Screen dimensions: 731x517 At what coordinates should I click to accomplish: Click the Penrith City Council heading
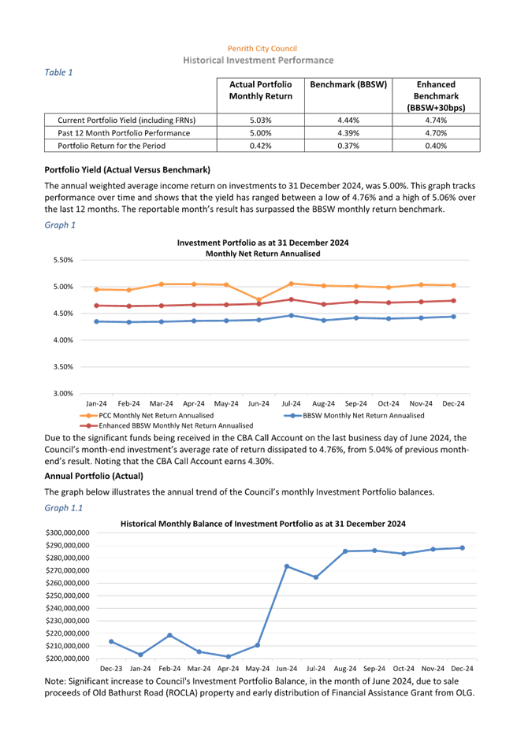pos(262,49)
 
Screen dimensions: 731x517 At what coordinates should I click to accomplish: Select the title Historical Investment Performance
pos(258,60)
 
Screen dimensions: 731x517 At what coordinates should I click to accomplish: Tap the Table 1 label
pos(59,72)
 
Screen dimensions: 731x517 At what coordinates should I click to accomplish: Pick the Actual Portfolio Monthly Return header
pos(260,90)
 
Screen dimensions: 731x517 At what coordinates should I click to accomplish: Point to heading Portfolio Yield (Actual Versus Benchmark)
pos(127,170)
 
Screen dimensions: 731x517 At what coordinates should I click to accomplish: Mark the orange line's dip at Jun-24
pos(258,300)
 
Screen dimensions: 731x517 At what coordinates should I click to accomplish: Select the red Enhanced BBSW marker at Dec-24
pos(453,300)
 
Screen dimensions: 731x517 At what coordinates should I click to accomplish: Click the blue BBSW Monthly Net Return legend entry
pos(356,414)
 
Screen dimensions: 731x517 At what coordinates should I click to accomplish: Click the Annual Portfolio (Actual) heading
pos(94,477)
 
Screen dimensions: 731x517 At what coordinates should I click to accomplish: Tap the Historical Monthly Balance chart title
pos(263,524)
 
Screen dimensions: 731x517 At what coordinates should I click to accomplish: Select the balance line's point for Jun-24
pos(287,566)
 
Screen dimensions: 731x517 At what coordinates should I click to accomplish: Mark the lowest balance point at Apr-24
pos(228,656)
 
